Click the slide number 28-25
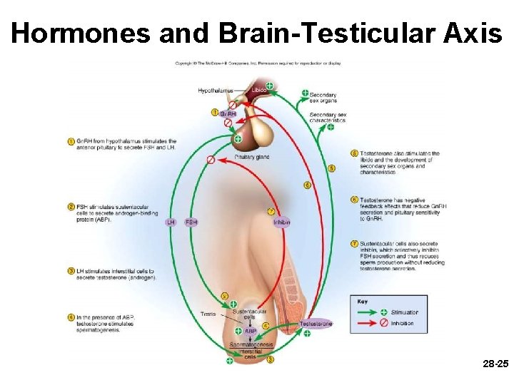click(495, 364)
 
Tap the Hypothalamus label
click(216, 91)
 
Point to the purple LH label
click(171, 222)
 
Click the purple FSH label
click(191, 222)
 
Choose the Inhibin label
click(281, 222)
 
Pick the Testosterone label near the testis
click(316, 324)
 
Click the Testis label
click(208, 314)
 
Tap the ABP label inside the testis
click(251, 331)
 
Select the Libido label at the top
click(258, 91)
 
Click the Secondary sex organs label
click(323, 98)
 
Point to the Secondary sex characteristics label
click(328, 118)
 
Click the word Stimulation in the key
click(405, 312)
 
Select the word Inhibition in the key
click(402, 323)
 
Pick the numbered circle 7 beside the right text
click(355, 244)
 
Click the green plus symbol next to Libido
click(269, 86)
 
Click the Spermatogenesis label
click(251, 345)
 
